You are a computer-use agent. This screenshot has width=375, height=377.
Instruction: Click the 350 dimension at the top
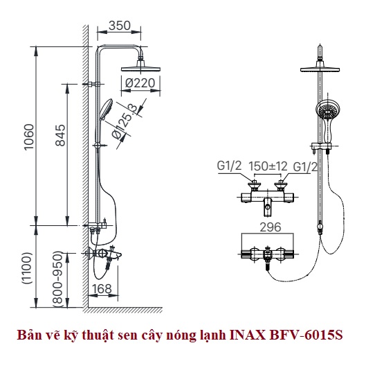coord(119,26)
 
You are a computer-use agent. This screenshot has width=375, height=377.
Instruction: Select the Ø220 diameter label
coord(140,83)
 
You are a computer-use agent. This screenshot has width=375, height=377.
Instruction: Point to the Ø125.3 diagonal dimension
coord(125,121)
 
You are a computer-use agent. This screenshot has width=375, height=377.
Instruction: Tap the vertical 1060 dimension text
coord(29,137)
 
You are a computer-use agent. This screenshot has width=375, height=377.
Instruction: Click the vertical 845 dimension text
coord(60,135)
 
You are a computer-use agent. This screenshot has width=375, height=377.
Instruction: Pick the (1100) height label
coord(27,268)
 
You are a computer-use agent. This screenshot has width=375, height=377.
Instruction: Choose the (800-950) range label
coord(58,279)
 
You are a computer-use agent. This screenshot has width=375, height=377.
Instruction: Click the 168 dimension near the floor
coord(102,289)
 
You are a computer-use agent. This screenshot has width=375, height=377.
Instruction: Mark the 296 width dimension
coord(271,227)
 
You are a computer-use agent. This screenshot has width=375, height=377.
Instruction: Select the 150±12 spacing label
coord(268,166)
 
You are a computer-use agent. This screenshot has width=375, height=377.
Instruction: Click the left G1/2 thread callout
coord(229,166)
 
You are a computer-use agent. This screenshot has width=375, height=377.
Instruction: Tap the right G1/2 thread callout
coord(305,166)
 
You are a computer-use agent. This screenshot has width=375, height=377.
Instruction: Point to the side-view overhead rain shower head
coord(140,67)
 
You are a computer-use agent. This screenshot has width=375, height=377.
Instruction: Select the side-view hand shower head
coord(106,109)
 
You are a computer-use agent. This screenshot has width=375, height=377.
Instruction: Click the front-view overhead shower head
coord(320,67)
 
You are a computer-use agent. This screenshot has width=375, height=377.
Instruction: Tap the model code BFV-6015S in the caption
coord(307,335)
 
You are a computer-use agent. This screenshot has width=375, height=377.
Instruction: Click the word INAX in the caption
coord(248,335)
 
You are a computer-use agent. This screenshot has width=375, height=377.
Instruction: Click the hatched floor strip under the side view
coord(122,310)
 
